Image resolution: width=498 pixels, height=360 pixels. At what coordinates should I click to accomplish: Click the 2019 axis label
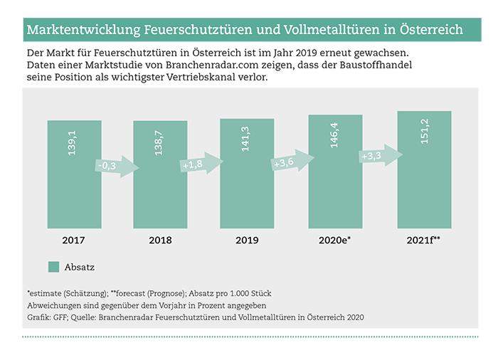click(247, 240)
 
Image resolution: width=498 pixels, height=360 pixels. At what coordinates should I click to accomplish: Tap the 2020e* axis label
click(335, 240)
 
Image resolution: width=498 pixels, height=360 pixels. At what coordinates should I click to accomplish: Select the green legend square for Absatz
click(53, 268)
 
